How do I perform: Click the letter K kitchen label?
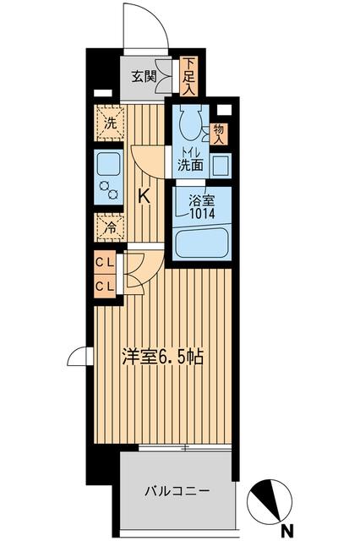pos(144,195)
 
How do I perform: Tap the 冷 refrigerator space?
pos(108,227)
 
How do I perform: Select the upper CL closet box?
pos(105,263)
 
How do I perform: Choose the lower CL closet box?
pos(105,286)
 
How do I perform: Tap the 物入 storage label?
pos(218,133)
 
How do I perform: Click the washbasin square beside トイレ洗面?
pos(220,164)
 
